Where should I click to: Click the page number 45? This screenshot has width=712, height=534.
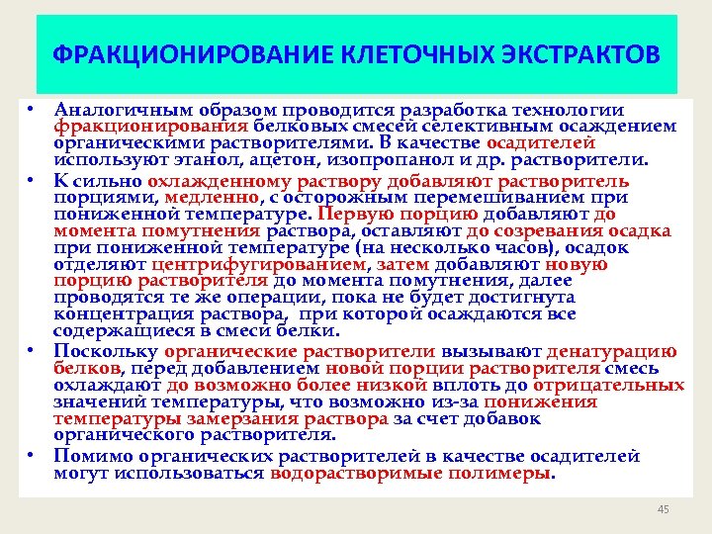click(x=663, y=509)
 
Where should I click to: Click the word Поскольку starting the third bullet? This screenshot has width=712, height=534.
click(x=106, y=351)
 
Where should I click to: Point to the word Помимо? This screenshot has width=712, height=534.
click(x=89, y=456)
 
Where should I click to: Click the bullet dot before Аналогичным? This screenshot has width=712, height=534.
click(x=33, y=108)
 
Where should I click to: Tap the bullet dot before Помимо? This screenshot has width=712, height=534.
click(x=33, y=454)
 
